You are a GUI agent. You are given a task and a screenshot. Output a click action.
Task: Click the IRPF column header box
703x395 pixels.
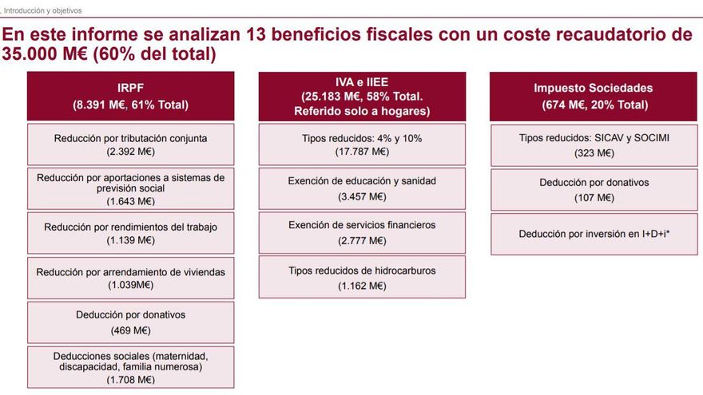coord(130,97)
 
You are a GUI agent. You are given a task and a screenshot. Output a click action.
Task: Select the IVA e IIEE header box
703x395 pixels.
coord(362,96)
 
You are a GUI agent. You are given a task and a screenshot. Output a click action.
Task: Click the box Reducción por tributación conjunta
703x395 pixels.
coord(130,144)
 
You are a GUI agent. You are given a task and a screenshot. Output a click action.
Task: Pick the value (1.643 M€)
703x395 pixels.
coord(130,200)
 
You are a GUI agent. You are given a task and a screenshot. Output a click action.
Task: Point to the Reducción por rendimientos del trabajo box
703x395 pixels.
coord(130,233)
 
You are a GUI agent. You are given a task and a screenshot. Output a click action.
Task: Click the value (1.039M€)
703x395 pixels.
coord(130,284)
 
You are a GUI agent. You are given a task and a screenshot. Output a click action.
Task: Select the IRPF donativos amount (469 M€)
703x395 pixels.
coord(130,330)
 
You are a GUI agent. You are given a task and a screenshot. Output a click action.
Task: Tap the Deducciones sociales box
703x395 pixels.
coord(130,367)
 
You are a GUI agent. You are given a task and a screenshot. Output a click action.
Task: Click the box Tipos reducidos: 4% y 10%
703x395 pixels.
coord(362,144)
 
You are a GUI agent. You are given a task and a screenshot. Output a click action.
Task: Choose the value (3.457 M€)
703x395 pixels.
coord(362,196)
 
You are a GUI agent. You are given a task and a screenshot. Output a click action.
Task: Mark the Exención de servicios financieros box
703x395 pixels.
coord(362,232)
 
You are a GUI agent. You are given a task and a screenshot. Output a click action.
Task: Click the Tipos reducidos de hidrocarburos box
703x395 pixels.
coord(362,277)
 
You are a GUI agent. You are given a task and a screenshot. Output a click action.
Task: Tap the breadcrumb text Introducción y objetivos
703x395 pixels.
coord(43,11)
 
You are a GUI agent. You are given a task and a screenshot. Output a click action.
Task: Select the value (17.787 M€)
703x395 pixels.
coord(362,151)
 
